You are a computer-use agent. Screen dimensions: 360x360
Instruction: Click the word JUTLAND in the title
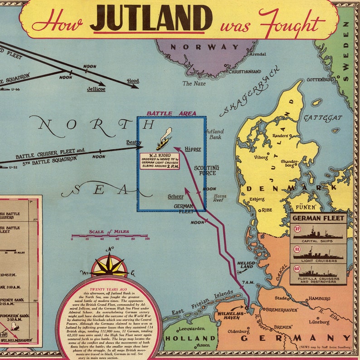(151, 19)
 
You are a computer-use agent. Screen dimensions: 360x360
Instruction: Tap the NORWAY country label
(204, 47)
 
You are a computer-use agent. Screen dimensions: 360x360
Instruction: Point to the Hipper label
(193, 149)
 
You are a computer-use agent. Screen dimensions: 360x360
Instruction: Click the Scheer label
(175, 196)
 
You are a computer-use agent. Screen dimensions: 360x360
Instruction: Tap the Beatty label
(134, 142)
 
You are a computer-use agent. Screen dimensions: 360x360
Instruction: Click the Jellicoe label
(96, 89)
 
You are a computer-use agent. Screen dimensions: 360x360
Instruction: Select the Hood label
(133, 81)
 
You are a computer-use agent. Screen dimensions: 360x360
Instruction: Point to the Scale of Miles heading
(109, 232)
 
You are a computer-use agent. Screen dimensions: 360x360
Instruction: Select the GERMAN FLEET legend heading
(318, 218)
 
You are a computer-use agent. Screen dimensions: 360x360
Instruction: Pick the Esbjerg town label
(257, 199)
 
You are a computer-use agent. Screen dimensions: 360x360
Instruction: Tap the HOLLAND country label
(183, 338)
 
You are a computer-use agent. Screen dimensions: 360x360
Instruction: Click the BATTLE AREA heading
(171, 113)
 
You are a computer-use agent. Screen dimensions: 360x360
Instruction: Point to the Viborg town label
(261, 158)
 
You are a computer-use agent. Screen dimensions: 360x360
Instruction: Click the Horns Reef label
(219, 198)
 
